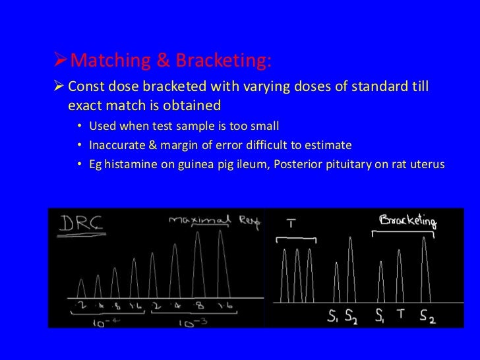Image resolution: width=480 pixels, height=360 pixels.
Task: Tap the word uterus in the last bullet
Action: point(427,164)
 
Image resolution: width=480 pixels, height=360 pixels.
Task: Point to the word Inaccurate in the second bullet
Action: point(117,145)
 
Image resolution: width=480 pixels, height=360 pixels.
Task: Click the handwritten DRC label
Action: point(76,225)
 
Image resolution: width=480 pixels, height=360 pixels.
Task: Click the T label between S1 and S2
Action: point(400,316)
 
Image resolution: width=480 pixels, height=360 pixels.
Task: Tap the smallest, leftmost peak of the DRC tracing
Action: point(80,288)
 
